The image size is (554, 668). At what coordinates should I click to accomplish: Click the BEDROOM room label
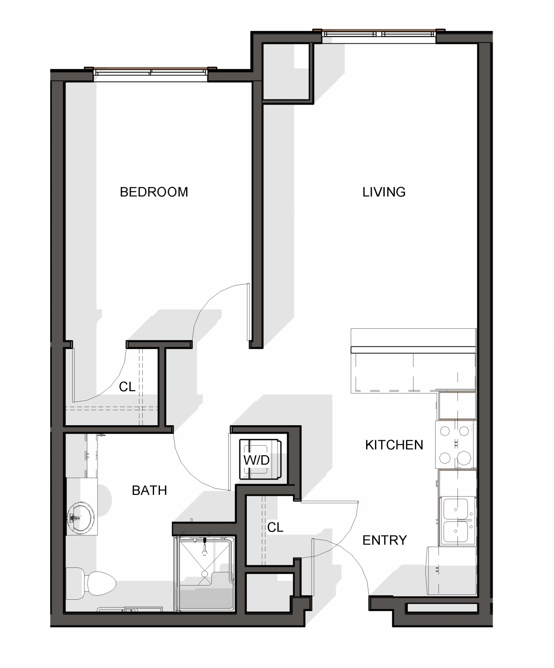[x=154, y=192]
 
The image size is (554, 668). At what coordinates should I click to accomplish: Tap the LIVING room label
[x=384, y=192]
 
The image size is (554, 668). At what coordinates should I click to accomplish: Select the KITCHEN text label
[x=394, y=445]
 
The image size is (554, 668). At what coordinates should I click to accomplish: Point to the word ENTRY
[x=384, y=540]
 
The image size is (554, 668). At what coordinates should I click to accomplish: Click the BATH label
[x=149, y=490]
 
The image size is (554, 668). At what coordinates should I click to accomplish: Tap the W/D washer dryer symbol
[x=260, y=459]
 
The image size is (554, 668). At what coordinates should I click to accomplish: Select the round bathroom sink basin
[x=81, y=518]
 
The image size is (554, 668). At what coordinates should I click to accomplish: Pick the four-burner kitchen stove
[x=456, y=445]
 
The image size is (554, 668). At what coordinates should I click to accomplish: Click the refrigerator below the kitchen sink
[x=451, y=571]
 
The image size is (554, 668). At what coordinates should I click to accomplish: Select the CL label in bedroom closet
[x=127, y=387]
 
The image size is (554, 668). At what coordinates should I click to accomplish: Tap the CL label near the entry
[x=275, y=527]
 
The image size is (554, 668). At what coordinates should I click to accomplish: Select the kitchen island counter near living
[x=413, y=361]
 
